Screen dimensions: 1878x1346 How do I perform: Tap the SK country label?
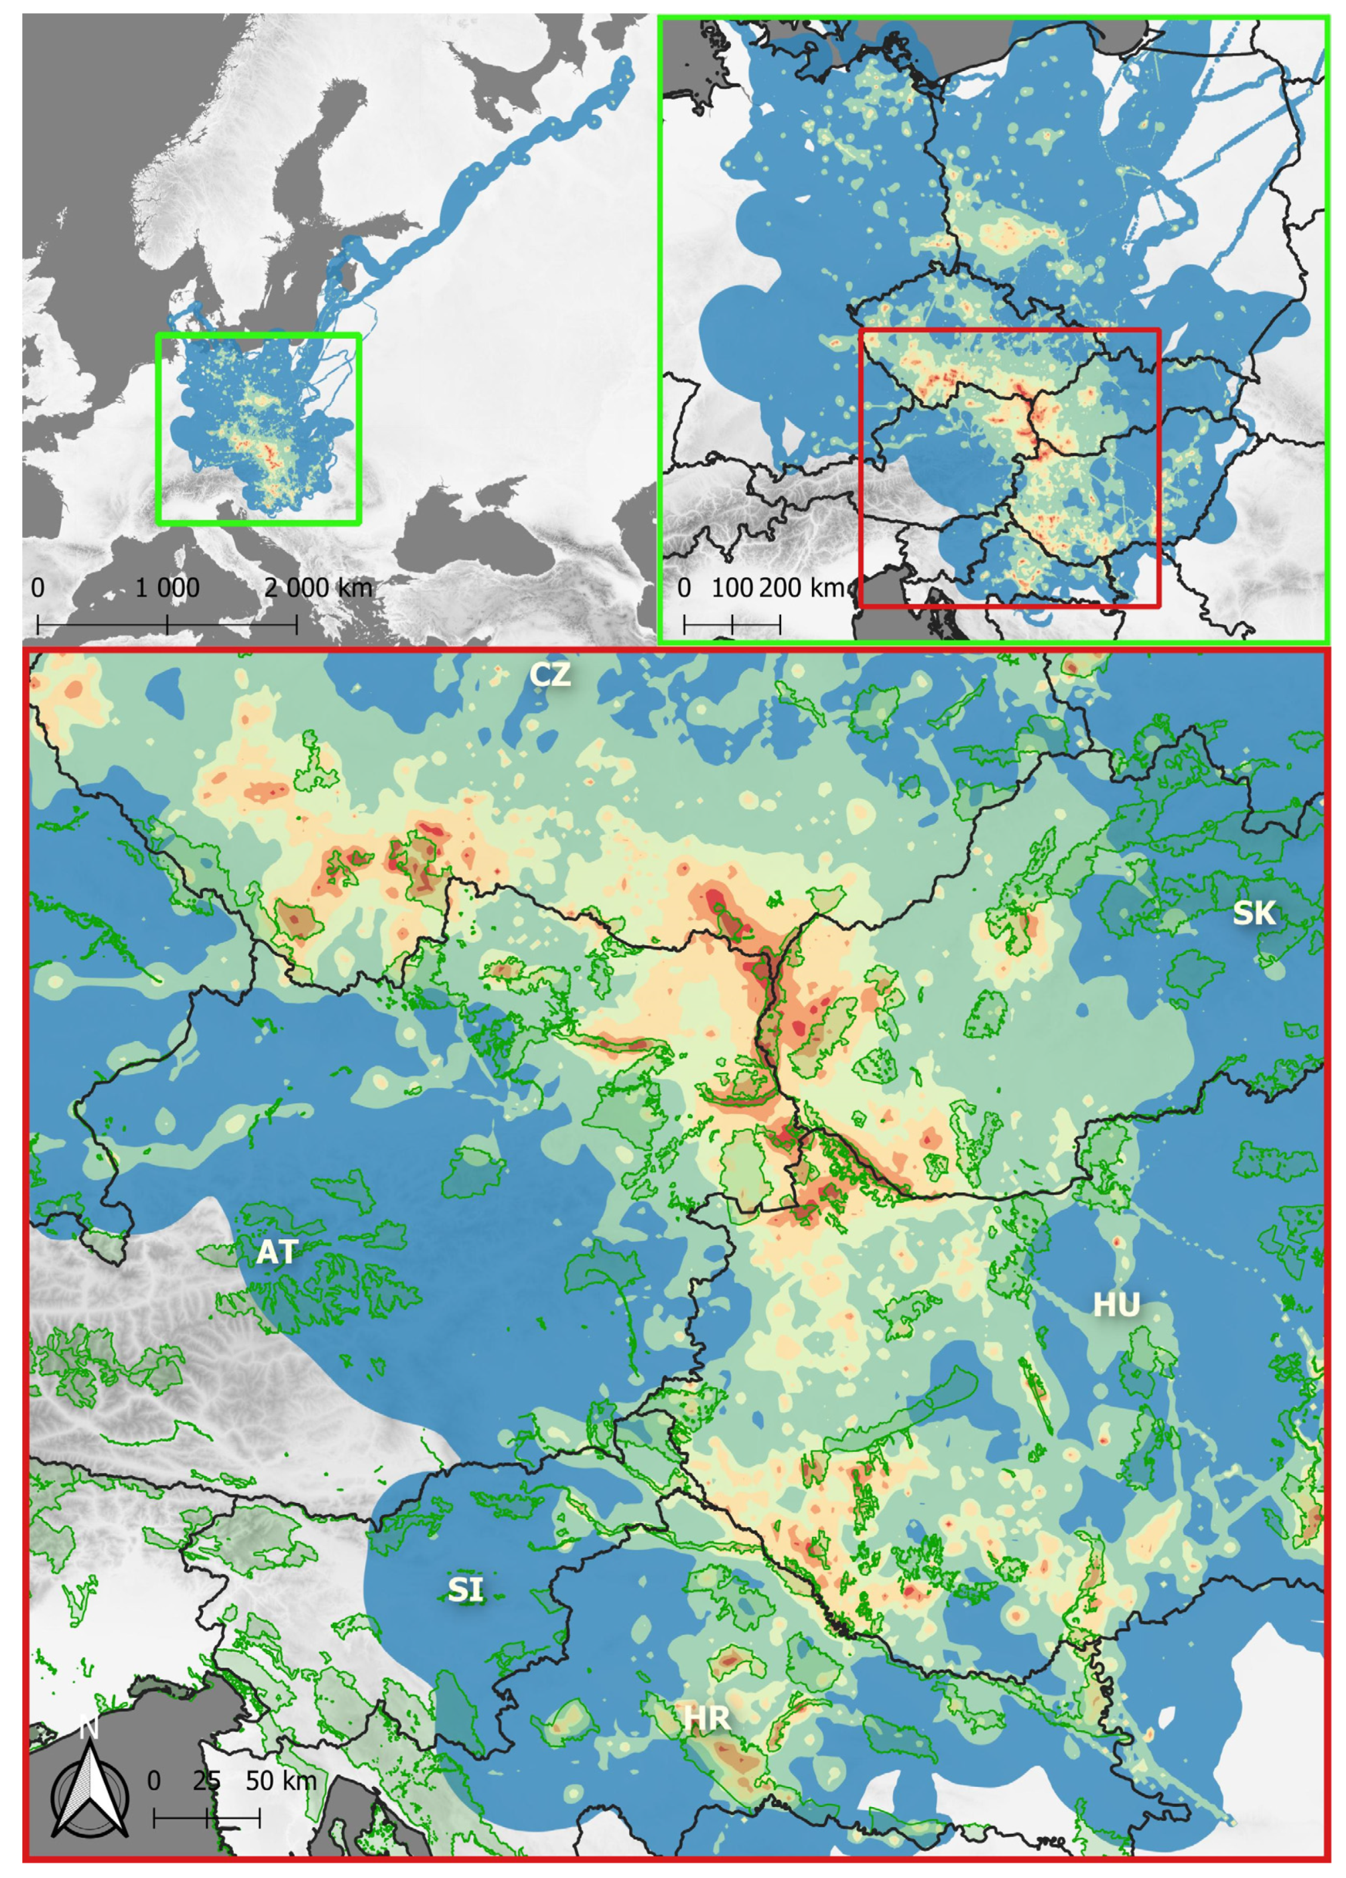[x=1254, y=912]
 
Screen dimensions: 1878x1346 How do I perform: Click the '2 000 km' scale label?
[x=319, y=588]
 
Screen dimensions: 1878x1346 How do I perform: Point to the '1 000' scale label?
[x=167, y=588]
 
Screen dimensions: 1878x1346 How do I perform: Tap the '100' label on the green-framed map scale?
[x=732, y=588]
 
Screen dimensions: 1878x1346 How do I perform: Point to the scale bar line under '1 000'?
[x=167, y=624]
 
